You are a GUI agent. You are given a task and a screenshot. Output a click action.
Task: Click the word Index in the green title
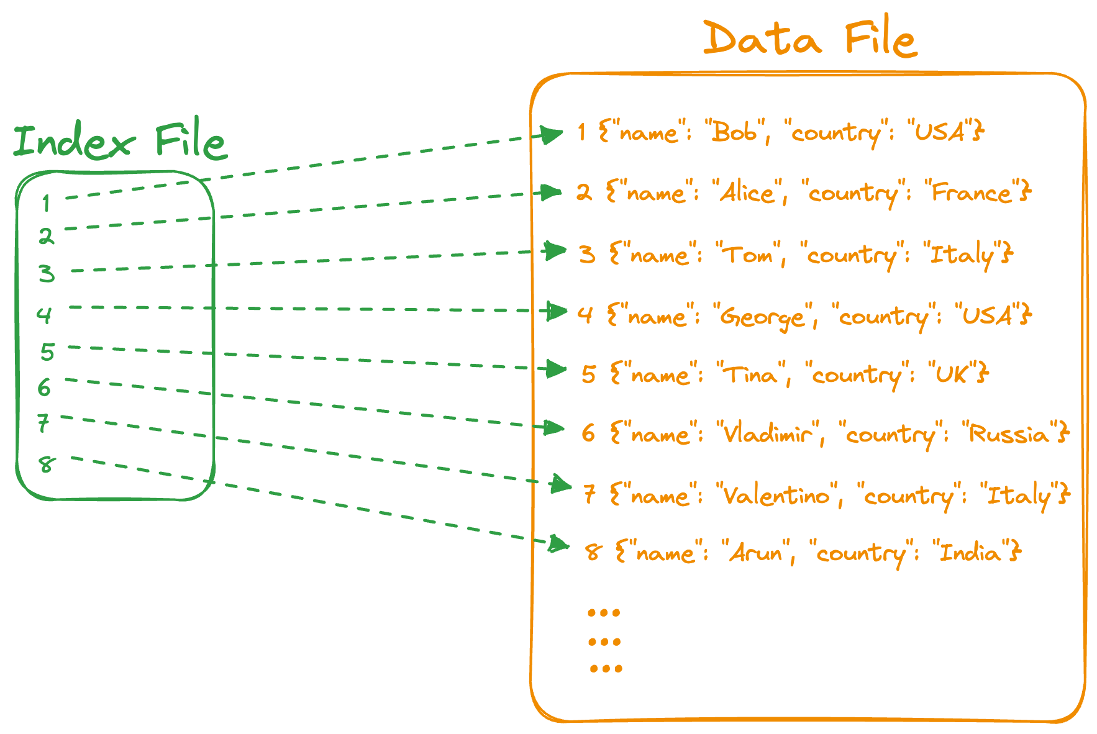click(x=73, y=141)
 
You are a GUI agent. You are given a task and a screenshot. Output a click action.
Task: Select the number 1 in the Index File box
click(x=46, y=202)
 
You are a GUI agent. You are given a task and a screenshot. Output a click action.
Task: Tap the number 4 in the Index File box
click(x=43, y=315)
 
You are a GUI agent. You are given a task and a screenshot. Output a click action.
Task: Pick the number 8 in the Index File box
click(x=46, y=464)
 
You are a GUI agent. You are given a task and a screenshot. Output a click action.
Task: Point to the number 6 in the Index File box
click(x=43, y=388)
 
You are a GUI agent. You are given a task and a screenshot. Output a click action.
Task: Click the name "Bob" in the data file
click(x=734, y=132)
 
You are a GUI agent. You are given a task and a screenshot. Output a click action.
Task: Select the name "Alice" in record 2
click(x=747, y=193)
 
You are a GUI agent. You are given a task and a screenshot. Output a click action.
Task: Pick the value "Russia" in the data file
click(x=1009, y=433)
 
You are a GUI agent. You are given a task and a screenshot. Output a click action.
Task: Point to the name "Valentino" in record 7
click(x=777, y=496)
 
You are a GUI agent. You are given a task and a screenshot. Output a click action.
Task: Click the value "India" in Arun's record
click(x=970, y=553)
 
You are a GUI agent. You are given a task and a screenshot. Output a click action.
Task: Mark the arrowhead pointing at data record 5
click(x=555, y=369)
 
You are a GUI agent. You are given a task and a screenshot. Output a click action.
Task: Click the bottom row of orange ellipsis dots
click(x=605, y=669)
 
